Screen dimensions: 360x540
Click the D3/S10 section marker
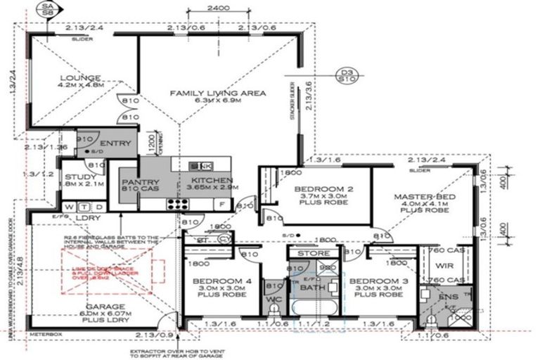coord(345,75)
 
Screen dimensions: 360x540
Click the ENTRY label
coord(116,144)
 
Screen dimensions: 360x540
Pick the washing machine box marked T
coord(84,207)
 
